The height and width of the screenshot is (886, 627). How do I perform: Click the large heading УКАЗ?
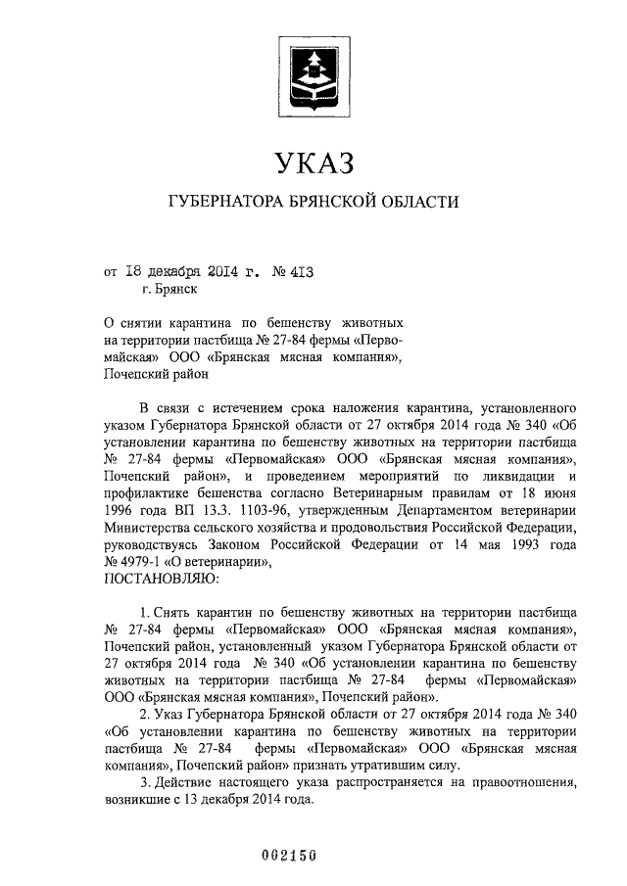[x=313, y=162]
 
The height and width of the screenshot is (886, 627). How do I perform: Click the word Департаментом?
[x=448, y=512]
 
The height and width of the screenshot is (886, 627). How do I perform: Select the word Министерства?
[x=147, y=530]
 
